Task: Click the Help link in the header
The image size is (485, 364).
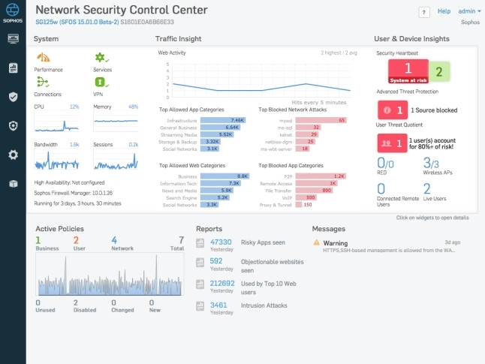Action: pos(444,11)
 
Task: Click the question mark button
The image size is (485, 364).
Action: pos(424,12)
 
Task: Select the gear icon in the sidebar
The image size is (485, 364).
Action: pos(13,154)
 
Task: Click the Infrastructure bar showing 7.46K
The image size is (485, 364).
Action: pos(222,119)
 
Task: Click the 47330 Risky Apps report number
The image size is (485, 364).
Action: pos(221,242)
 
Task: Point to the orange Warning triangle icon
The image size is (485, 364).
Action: pos(317,242)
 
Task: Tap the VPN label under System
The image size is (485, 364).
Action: pos(98,95)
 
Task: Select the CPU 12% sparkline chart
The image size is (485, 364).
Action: pos(56,122)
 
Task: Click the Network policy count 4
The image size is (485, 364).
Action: pos(113,240)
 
